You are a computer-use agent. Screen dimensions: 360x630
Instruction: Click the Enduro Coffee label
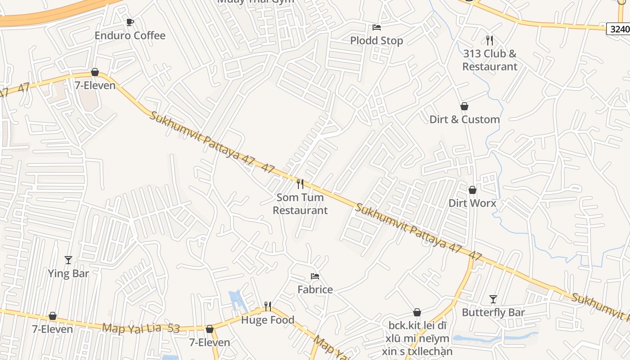130,36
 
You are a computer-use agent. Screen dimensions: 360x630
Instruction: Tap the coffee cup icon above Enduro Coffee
130,22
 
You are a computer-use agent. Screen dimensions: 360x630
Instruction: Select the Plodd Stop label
377,40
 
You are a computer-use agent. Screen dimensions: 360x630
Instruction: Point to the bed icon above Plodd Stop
377,27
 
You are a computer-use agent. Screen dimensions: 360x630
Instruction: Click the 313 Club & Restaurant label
490,60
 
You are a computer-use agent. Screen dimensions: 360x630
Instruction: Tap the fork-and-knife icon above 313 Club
490,40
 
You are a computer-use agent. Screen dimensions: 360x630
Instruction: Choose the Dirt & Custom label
464,119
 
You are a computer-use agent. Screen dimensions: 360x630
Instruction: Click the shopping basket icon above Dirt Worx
472,190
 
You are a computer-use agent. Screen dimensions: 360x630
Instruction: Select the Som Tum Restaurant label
300,204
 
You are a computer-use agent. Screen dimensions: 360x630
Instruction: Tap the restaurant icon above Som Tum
300,184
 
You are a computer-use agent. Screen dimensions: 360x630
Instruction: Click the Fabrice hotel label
315,289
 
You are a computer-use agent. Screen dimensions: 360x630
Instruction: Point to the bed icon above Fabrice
315,276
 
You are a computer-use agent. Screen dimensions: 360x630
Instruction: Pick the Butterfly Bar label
493,312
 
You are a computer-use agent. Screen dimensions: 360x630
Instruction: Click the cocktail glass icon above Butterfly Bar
493,299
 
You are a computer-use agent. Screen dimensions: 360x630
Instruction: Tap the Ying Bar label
68,273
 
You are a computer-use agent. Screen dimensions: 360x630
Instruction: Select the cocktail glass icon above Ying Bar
68,260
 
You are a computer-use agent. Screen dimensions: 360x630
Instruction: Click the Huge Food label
268,320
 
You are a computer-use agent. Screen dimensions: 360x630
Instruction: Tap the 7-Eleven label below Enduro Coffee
95,85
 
